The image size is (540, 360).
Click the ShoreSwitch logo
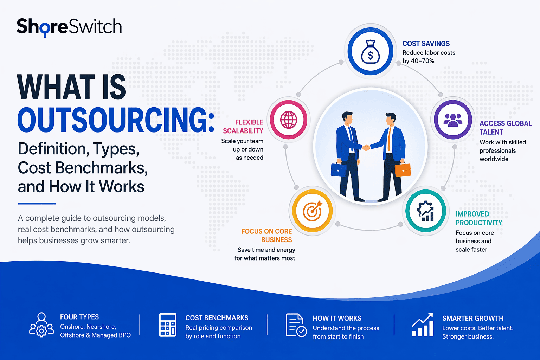point(69,27)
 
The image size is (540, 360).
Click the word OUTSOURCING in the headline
point(115,120)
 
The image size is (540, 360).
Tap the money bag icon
point(370,52)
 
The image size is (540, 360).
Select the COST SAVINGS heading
point(426,44)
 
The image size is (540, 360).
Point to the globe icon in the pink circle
point(289,120)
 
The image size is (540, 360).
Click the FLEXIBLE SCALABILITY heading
point(243,127)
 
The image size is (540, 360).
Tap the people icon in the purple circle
point(453,120)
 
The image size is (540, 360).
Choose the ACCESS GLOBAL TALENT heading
point(505,128)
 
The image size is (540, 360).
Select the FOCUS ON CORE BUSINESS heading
point(267,236)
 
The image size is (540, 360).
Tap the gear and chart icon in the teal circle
point(425,211)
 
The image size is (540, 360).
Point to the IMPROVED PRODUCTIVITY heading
point(478,218)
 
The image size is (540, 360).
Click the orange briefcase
point(403,170)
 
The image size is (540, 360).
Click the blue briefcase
point(339,170)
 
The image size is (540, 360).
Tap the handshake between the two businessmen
point(366,147)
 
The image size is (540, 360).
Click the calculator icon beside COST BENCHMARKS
point(168,325)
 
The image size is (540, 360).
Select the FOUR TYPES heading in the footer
point(79,317)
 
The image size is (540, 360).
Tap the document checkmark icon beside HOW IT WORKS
point(296,325)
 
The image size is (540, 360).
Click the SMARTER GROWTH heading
point(472,318)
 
